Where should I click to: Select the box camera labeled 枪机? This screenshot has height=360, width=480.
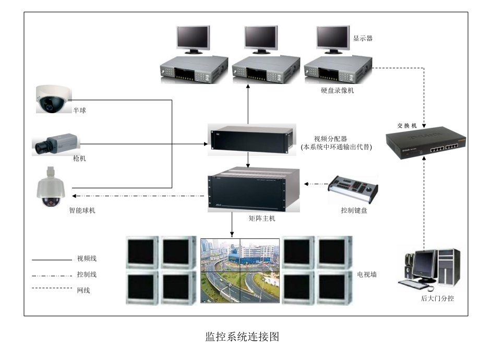tap(55, 143)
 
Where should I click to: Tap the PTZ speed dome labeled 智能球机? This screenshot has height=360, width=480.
tap(50, 188)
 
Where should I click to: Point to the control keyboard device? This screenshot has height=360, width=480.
tap(353, 189)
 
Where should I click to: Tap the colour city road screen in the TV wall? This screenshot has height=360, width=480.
tap(240, 270)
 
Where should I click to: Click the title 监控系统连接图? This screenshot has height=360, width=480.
tap(242, 337)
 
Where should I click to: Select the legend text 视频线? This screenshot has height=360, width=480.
tap(87, 259)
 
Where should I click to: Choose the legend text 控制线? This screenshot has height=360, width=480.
tap(87, 274)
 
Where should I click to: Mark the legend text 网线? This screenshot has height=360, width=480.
tap(83, 290)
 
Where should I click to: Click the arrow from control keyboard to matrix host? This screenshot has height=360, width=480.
tap(316, 184)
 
